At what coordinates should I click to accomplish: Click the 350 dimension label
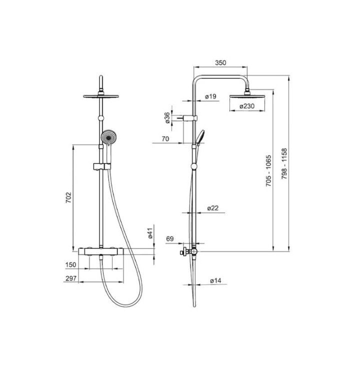pos(220,62)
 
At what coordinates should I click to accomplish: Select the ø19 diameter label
pos(210,96)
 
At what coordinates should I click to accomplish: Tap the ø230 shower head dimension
pos(247,106)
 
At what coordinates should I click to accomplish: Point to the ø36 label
pos(167,117)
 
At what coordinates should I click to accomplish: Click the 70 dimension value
pos(165,139)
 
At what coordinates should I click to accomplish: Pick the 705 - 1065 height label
pos(268,171)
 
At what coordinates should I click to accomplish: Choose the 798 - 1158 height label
pos(284,163)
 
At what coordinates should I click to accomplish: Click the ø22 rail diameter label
pos(212,208)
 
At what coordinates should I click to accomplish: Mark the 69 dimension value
pos(169,239)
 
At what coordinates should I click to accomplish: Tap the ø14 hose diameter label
pos(215,281)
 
